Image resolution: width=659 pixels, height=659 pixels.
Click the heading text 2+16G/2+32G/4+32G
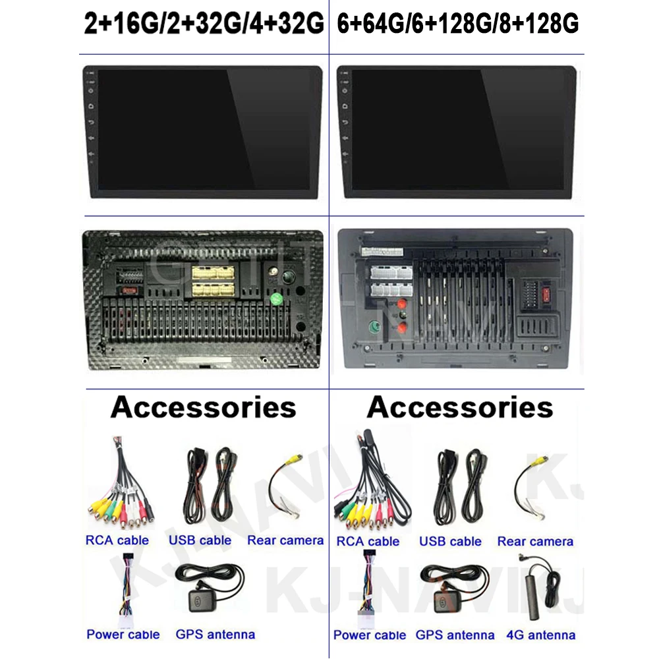pyautogui.click(x=204, y=24)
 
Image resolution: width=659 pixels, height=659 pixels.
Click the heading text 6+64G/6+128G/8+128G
pyautogui.click(x=457, y=24)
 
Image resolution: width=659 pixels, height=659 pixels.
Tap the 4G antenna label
pyautogui.click(x=541, y=635)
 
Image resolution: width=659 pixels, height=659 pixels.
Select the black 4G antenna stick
pyautogui.click(x=531, y=596)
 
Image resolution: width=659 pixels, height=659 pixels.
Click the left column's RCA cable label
pyautogui.click(x=117, y=540)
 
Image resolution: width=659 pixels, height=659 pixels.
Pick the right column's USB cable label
pyautogui.click(x=450, y=542)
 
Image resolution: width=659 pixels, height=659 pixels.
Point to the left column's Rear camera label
pyautogui.click(x=285, y=540)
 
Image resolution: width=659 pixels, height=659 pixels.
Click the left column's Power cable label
pyautogui.click(x=123, y=635)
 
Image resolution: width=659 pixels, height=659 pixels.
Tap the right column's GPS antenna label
pyautogui.click(x=455, y=635)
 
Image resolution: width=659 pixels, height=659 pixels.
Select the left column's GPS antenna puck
pyautogui.click(x=198, y=601)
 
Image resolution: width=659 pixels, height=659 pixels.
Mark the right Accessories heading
pyautogui.click(x=460, y=407)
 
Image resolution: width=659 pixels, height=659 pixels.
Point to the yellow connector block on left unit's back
pyautogui.click(x=212, y=281)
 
